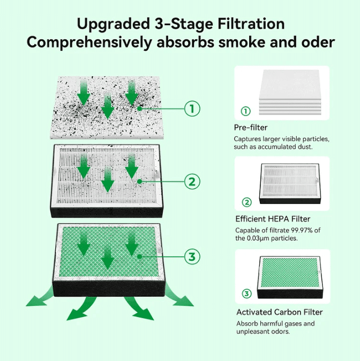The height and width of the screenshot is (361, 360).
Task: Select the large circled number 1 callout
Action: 192,109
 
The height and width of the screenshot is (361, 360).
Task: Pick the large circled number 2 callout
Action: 192,181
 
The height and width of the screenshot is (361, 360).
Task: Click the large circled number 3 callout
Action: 192,256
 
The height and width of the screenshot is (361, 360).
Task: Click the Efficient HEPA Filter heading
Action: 273,219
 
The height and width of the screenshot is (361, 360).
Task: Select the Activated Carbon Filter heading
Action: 280,312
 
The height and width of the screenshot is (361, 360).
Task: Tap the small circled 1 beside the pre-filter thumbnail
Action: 246,111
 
